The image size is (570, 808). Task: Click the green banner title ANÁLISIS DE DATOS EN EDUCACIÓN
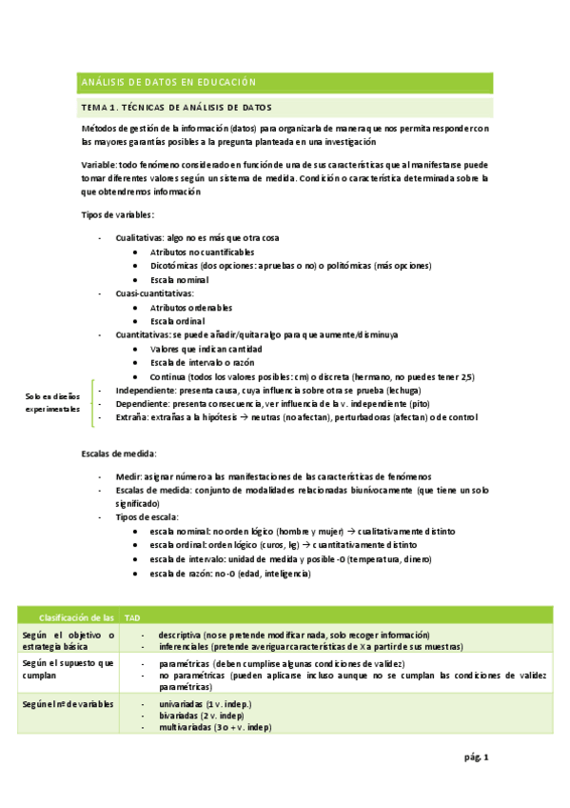pyautogui.click(x=168, y=82)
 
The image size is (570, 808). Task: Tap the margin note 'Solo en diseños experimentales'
pyautogui.click(x=52, y=402)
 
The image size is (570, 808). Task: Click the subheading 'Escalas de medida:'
pyautogui.click(x=119, y=453)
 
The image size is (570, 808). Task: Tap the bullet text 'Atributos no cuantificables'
pyautogui.click(x=201, y=252)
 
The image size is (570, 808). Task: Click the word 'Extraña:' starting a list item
pyautogui.click(x=131, y=417)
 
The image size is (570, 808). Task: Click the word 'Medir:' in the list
pyautogui.click(x=129, y=475)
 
